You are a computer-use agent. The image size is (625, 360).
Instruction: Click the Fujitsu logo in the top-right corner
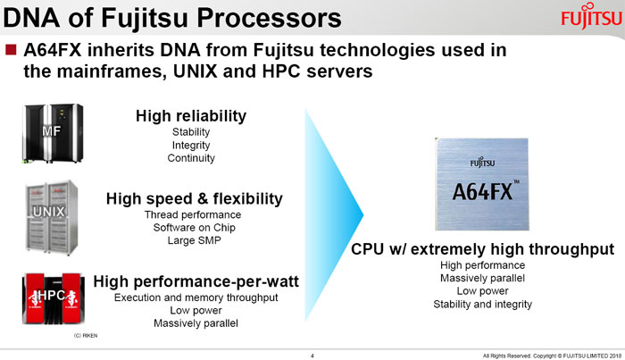point(591,16)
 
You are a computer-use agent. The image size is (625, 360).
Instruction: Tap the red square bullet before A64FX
point(11,49)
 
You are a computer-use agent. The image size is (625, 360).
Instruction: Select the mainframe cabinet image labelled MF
point(53,133)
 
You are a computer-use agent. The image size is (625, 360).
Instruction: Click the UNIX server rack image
point(52,217)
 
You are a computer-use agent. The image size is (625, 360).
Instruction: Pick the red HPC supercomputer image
point(54,298)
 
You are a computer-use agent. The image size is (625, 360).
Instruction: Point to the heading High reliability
point(191,116)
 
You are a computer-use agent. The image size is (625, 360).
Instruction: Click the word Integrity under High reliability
point(191,145)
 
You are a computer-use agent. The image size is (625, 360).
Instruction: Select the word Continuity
point(191,158)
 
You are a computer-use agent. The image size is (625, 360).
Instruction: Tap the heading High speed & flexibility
point(194,198)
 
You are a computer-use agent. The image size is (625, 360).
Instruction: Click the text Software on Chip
point(194,227)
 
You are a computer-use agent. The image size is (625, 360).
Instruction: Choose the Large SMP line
point(194,240)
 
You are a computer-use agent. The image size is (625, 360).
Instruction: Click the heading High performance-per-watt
point(196,281)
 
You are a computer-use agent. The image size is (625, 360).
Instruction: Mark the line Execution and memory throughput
point(196,297)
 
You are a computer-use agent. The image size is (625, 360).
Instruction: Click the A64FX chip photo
point(482,184)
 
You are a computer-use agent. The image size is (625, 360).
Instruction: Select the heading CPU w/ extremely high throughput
point(482,249)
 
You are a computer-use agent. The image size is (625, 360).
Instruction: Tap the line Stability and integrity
point(482,305)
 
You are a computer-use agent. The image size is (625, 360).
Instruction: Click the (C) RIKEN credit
point(86,336)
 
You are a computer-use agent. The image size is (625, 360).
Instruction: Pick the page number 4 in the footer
point(312,356)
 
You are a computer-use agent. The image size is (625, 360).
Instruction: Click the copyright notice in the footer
point(552,356)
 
